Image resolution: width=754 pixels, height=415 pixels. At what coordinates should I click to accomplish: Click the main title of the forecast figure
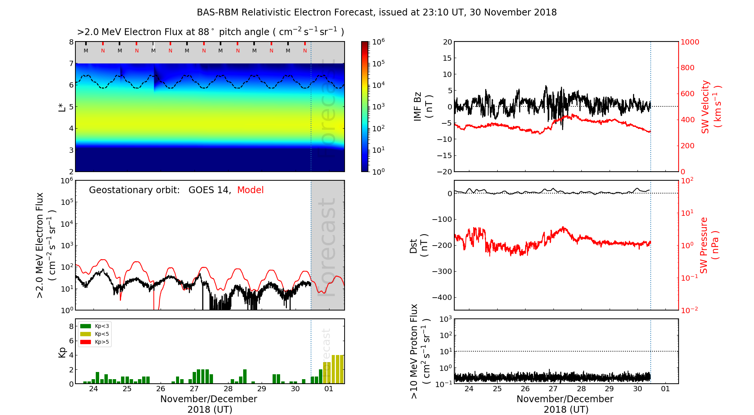pos(377,12)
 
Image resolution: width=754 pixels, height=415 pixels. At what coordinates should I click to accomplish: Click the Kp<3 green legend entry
pos(95,326)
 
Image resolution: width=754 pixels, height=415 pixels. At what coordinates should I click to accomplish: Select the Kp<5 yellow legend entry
pos(95,334)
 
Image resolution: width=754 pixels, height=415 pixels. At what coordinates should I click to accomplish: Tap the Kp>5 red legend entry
pos(95,342)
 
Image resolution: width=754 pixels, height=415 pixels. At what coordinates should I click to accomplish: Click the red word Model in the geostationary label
pos(250,190)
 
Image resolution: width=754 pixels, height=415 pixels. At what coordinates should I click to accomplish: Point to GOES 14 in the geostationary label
pos(209,190)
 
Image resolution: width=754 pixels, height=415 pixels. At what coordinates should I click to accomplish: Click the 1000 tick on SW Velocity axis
pos(690,42)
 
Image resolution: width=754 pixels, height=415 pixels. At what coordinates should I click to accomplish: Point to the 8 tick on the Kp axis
pos(70,326)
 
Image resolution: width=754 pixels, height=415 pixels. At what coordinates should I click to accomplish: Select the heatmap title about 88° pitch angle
pos(210,32)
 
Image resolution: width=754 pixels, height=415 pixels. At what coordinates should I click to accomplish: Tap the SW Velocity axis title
pos(711,107)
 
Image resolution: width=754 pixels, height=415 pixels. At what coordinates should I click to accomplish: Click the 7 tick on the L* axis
pos(71,63)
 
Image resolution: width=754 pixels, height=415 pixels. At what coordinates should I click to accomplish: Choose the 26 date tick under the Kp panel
pos(161,389)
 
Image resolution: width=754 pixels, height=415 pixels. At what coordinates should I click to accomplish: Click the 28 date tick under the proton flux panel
pos(581,389)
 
